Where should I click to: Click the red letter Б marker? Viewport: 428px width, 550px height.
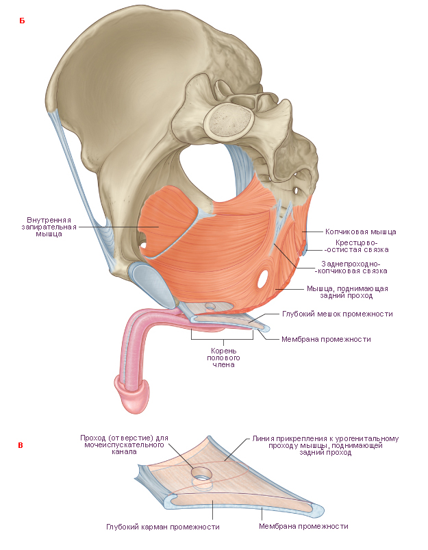click(x=22, y=21)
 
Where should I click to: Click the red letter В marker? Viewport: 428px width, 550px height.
click(x=21, y=445)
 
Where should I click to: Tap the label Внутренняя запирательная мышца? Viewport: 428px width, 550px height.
click(x=49, y=227)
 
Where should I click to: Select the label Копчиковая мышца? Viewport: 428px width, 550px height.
click(x=361, y=232)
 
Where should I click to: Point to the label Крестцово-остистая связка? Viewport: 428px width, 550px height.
click(x=356, y=246)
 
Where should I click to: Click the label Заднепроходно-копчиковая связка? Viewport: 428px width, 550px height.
click(x=351, y=267)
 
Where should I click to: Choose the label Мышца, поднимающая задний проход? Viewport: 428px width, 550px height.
click(x=347, y=292)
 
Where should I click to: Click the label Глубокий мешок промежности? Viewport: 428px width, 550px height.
click(x=338, y=314)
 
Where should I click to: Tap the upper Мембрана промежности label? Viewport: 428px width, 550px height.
click(x=326, y=339)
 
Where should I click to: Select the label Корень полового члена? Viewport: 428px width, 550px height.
click(x=223, y=358)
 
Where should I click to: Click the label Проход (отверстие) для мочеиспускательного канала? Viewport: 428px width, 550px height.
click(x=124, y=445)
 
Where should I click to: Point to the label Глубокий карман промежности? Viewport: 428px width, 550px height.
click(x=163, y=527)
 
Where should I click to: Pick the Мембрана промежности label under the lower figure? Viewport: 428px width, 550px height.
click(x=303, y=526)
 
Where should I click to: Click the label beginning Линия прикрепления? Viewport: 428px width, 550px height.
click(x=325, y=445)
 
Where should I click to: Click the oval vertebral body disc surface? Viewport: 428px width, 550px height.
click(x=230, y=121)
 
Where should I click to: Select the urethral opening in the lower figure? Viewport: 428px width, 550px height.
click(x=202, y=474)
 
